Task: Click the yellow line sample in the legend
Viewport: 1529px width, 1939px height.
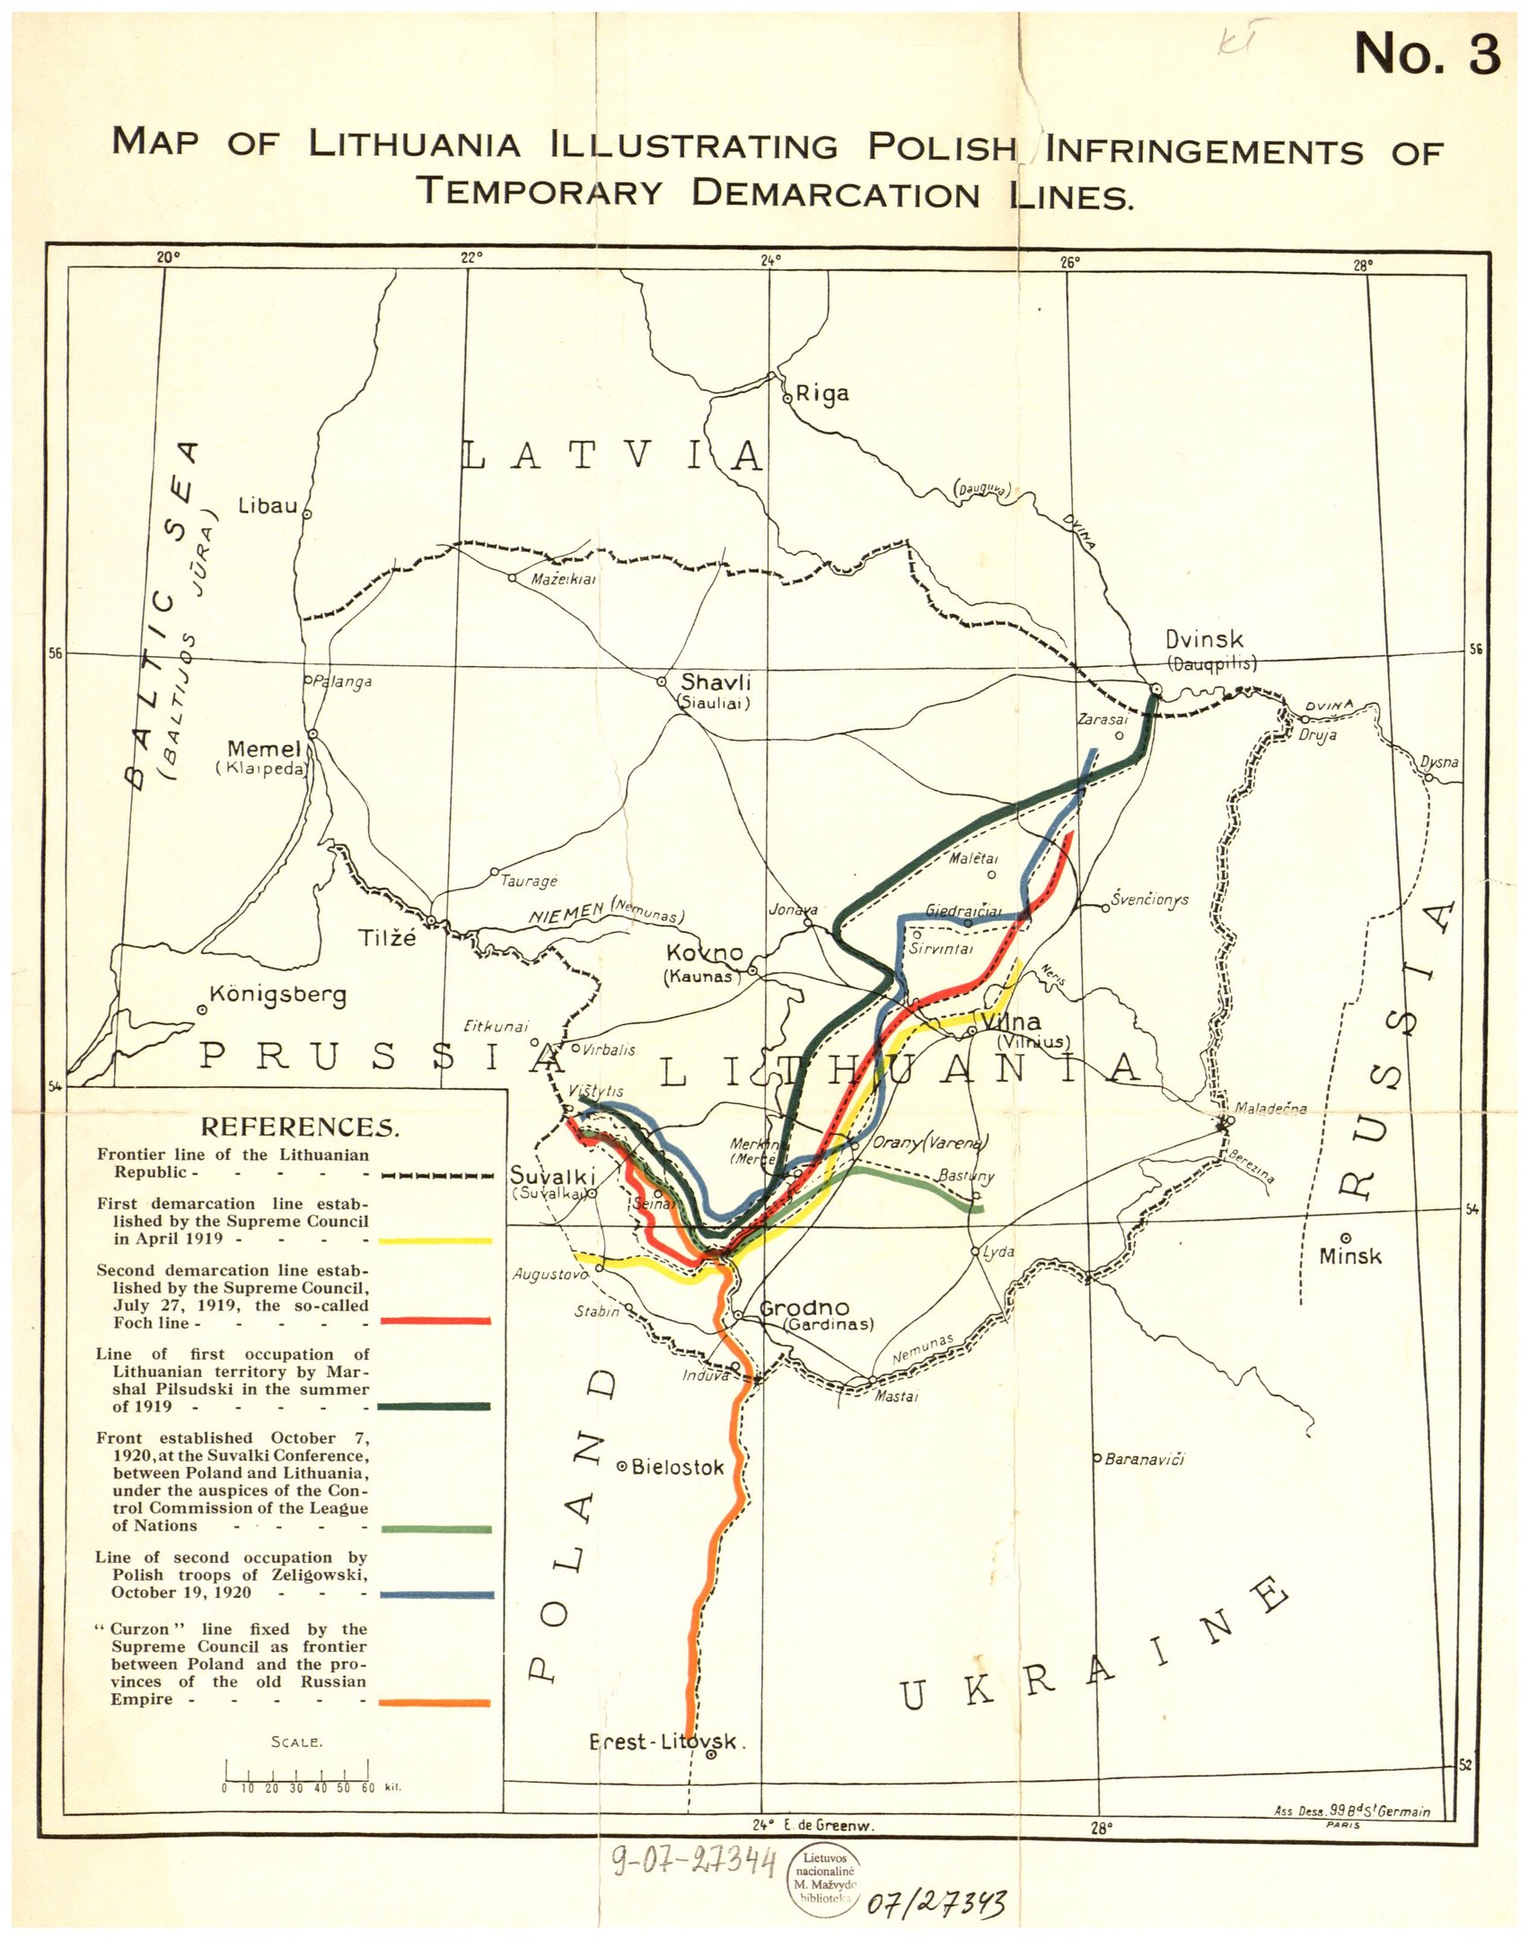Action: pos(435,1241)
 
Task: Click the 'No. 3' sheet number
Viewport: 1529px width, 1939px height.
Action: pos(1427,54)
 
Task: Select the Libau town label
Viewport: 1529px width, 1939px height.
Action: pos(267,506)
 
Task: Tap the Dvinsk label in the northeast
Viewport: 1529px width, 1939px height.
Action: pos(1204,640)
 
